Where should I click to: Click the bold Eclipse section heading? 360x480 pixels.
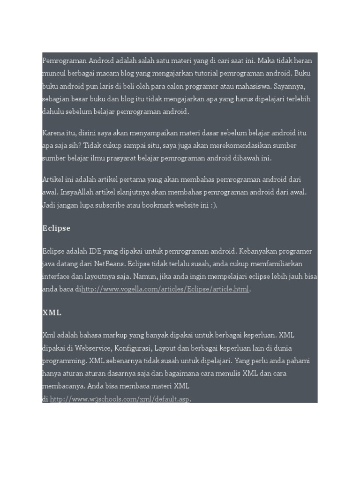(x=56, y=228)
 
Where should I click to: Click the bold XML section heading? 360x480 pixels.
(x=52, y=312)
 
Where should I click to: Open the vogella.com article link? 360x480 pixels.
(x=165, y=289)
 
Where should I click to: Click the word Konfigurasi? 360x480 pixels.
(x=132, y=348)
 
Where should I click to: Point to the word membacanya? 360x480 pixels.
(x=63, y=387)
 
